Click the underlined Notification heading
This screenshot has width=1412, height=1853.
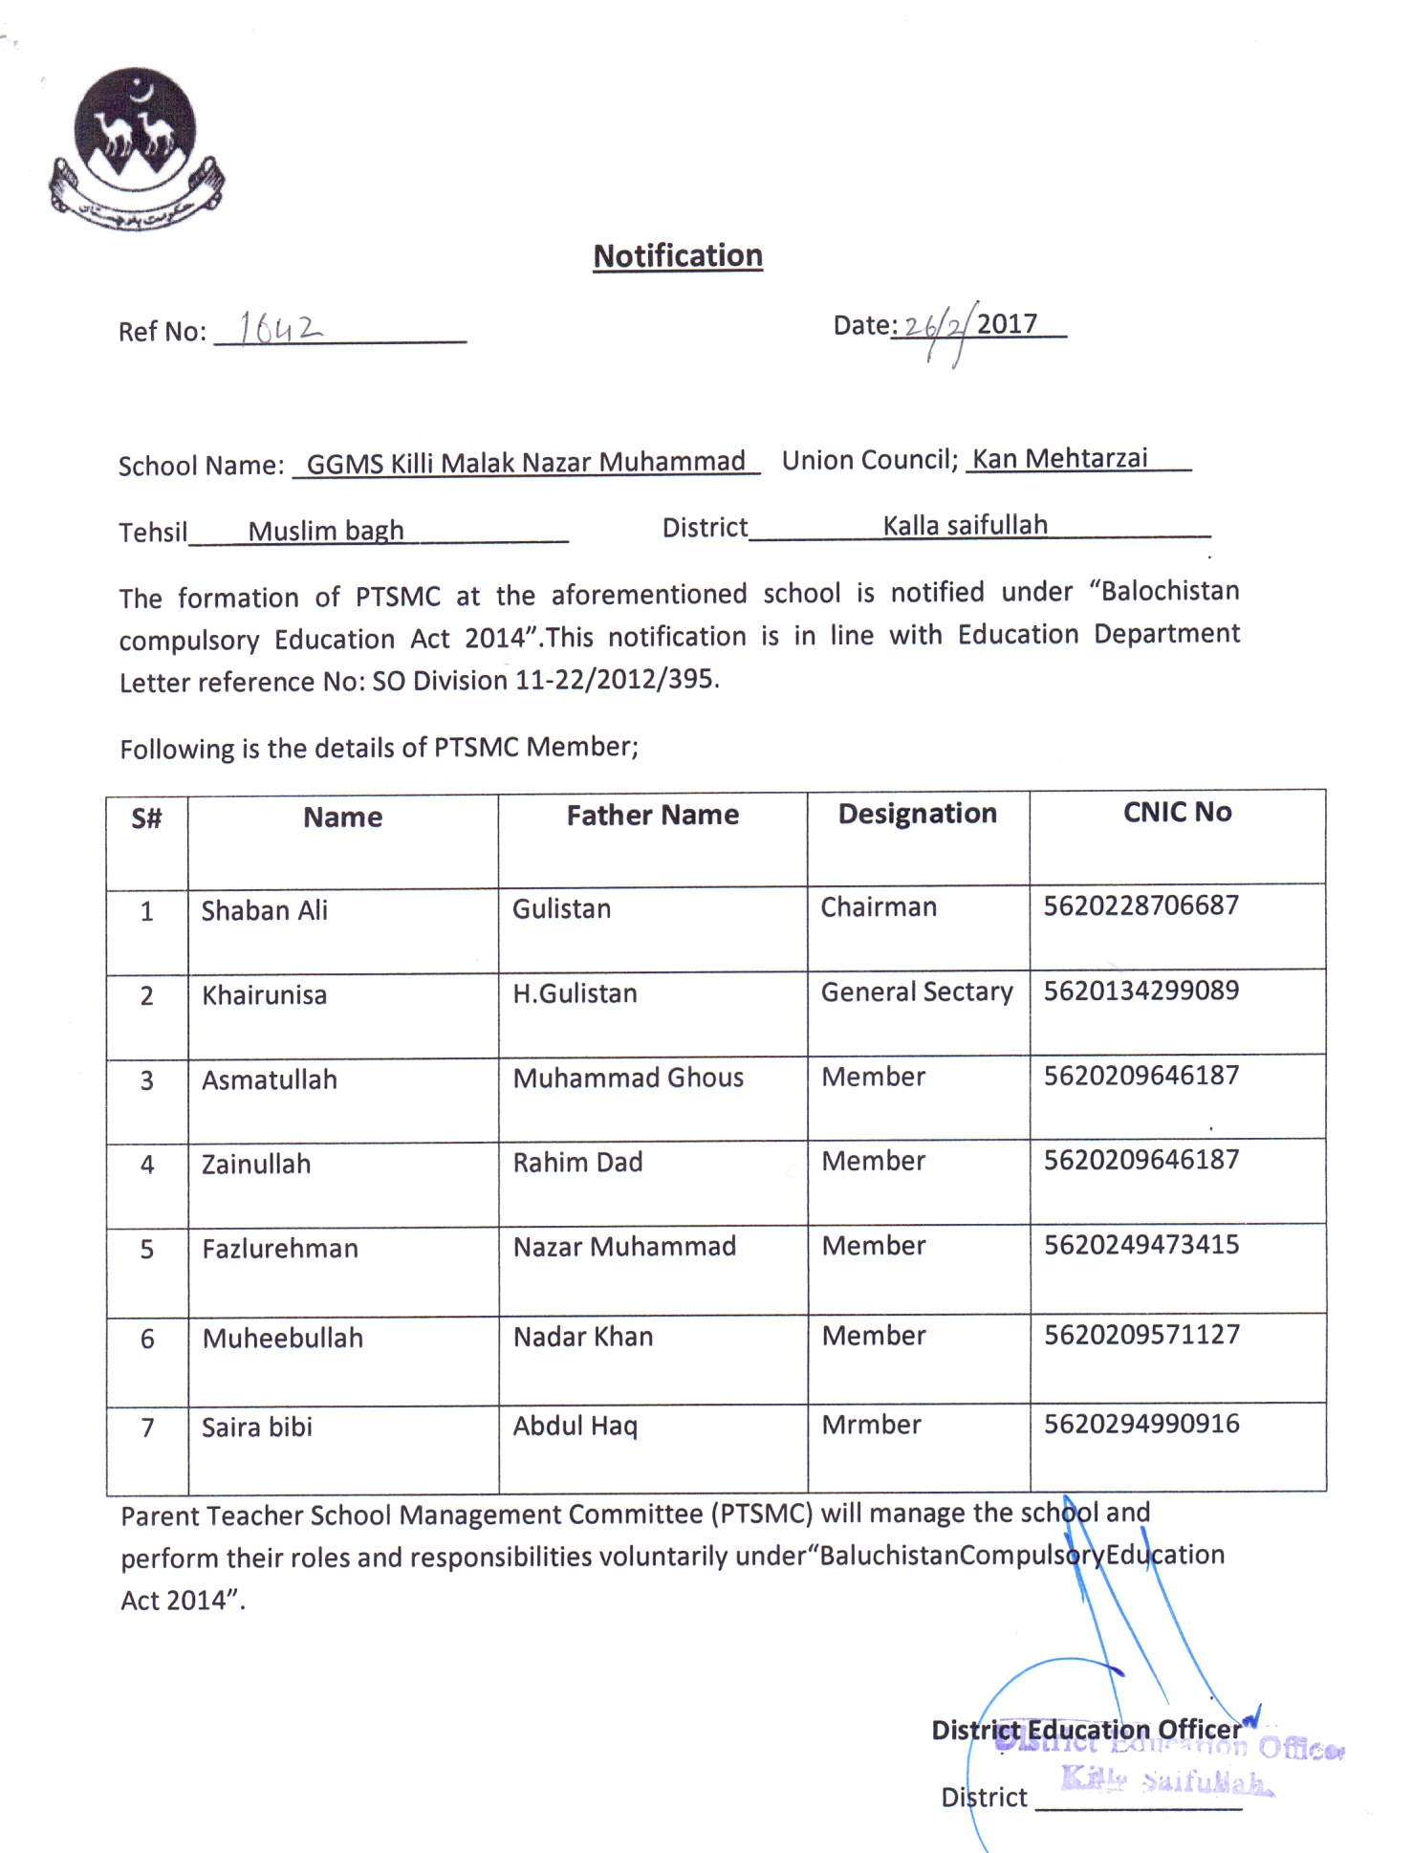click(x=678, y=256)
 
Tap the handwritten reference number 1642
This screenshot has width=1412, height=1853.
click(x=280, y=328)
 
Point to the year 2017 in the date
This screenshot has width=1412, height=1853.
click(x=1007, y=324)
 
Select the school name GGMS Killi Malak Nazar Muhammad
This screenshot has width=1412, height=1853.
click(x=525, y=462)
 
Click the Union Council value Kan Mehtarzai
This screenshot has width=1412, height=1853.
click(x=1059, y=459)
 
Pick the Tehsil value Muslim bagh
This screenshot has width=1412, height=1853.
click(x=326, y=531)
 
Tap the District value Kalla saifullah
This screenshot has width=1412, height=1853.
click(x=965, y=526)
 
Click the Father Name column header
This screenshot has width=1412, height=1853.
click(x=652, y=816)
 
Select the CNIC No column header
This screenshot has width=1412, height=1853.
click(x=1177, y=813)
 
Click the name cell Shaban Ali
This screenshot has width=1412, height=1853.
click(x=265, y=910)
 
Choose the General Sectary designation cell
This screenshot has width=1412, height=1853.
click(x=917, y=992)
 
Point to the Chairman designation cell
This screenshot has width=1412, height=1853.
click(x=879, y=907)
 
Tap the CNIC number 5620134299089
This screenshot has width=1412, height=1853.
click(x=1141, y=991)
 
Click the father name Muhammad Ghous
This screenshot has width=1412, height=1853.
click(x=628, y=1079)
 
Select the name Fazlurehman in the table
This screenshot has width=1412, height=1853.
click(x=280, y=1249)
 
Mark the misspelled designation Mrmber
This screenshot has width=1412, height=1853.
click(x=872, y=1425)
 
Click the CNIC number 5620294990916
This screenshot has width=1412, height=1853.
click(x=1141, y=1424)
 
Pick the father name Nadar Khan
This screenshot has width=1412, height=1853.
click(x=583, y=1337)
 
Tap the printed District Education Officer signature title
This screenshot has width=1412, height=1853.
click(x=1086, y=1730)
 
